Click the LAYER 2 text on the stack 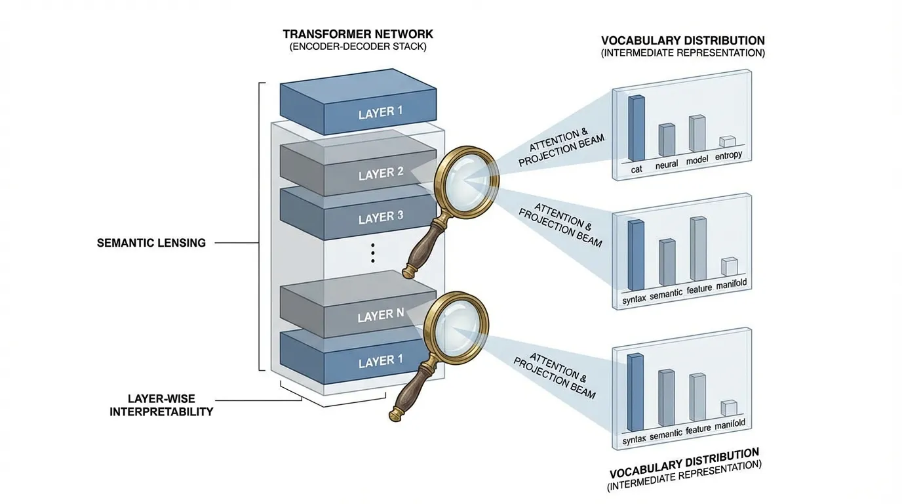click(381, 175)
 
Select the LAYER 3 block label click(381, 217)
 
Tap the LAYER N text click(381, 317)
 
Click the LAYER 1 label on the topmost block click(381, 112)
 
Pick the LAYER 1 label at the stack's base click(381, 362)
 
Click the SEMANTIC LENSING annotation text click(151, 243)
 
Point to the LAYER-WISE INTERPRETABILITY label click(161, 406)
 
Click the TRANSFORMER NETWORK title click(358, 33)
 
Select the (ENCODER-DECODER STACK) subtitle click(358, 47)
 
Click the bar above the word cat click(636, 128)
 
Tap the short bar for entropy click(727, 142)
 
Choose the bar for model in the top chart click(696, 134)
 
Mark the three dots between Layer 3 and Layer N click(372, 252)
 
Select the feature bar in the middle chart click(697, 249)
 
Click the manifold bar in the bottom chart click(728, 408)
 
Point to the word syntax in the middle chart click(633, 299)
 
